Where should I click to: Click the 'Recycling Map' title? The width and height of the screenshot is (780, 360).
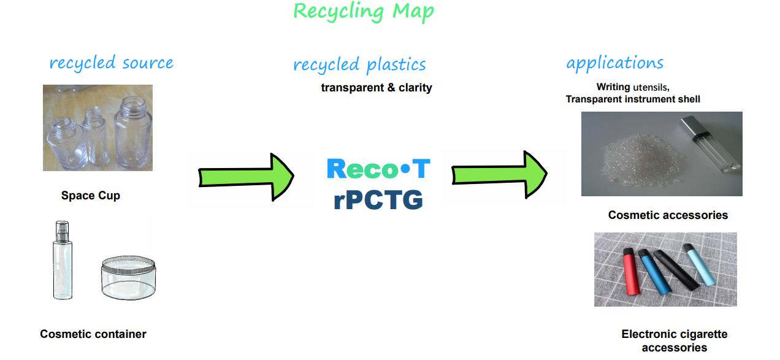[363, 12]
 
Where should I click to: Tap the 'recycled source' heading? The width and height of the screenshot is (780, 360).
[111, 63]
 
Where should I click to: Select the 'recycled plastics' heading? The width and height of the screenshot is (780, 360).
[359, 65]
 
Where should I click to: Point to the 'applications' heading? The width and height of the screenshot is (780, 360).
[614, 63]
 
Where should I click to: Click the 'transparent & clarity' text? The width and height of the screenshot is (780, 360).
[377, 88]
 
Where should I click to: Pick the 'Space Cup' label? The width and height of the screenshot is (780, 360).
[91, 196]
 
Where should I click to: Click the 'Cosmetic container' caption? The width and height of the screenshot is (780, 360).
[93, 334]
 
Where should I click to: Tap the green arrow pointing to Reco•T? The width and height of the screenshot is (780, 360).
[246, 177]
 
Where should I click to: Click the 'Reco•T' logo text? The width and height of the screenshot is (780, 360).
[378, 169]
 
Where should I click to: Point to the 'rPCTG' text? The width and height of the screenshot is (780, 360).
[378, 199]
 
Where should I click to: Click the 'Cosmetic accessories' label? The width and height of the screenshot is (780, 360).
[668, 215]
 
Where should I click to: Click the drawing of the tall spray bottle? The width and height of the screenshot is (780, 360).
[62, 261]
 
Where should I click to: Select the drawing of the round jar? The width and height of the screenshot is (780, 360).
[128, 279]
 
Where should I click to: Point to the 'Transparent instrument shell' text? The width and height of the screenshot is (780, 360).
[633, 99]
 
